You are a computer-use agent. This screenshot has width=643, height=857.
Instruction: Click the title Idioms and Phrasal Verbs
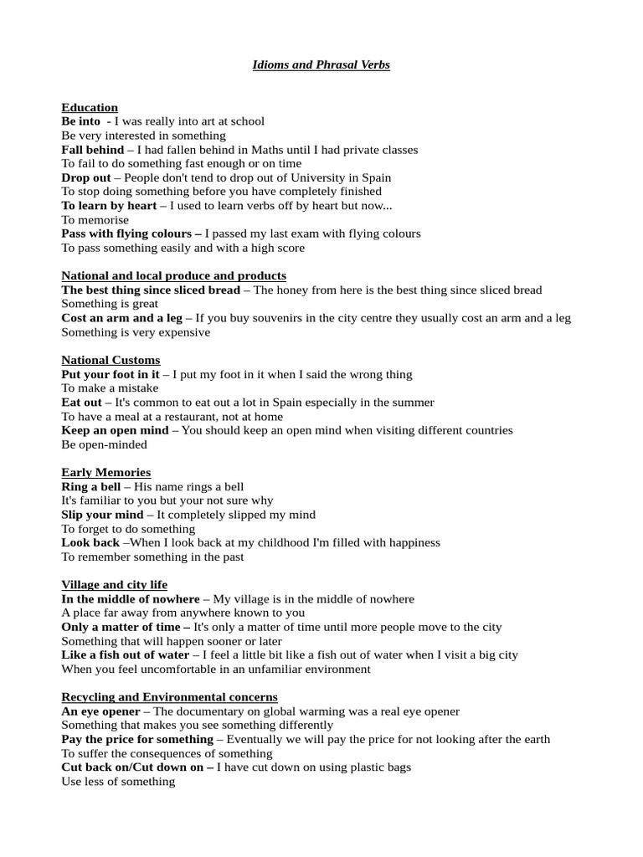point(321,65)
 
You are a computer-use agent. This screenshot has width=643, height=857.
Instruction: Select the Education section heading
point(90,108)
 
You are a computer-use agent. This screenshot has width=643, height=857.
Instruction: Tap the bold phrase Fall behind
point(92,150)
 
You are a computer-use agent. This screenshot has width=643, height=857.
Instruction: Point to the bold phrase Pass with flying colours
point(131,233)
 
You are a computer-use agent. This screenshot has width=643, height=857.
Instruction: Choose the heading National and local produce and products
point(173,276)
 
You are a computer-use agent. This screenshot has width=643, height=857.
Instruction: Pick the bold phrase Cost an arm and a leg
point(121,318)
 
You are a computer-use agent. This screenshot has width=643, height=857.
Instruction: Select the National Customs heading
point(111,361)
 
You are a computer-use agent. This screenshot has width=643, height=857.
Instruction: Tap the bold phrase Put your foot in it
point(110,374)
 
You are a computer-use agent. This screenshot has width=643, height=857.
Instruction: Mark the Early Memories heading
point(105,473)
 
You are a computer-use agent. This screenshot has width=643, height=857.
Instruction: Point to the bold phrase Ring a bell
point(91,486)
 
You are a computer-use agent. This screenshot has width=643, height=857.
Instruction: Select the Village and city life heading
point(114,585)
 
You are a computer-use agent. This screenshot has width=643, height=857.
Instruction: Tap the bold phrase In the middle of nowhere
point(131,599)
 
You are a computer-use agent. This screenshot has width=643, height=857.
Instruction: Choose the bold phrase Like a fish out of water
point(126,655)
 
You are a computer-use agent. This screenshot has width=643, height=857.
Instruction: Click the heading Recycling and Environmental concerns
point(169,697)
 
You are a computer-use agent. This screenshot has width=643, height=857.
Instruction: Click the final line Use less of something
point(118,782)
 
